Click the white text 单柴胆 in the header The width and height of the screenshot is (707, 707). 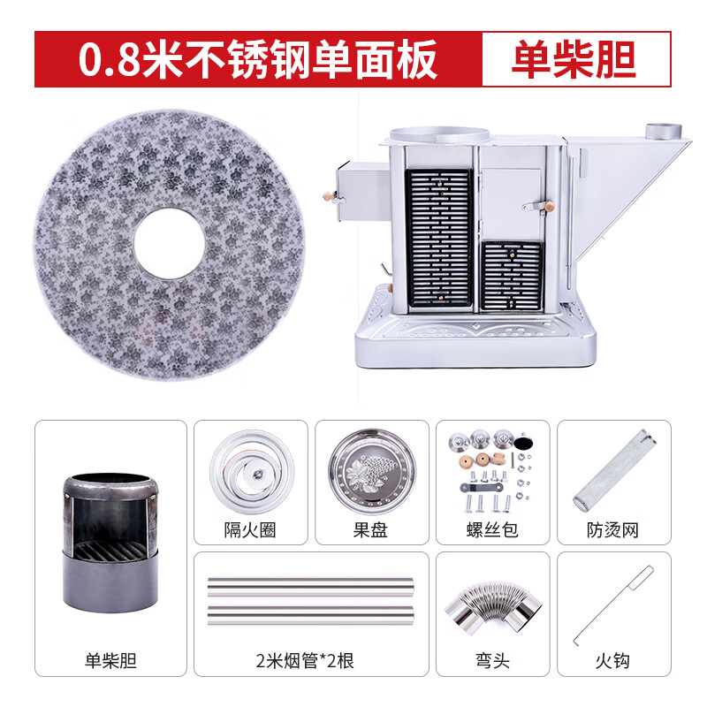coord(574,59)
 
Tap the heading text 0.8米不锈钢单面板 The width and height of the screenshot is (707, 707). coord(258,59)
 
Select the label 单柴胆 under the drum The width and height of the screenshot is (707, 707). coord(111,659)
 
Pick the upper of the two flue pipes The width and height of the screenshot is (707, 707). coord(310,586)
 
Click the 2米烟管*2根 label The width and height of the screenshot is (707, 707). coord(310,659)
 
